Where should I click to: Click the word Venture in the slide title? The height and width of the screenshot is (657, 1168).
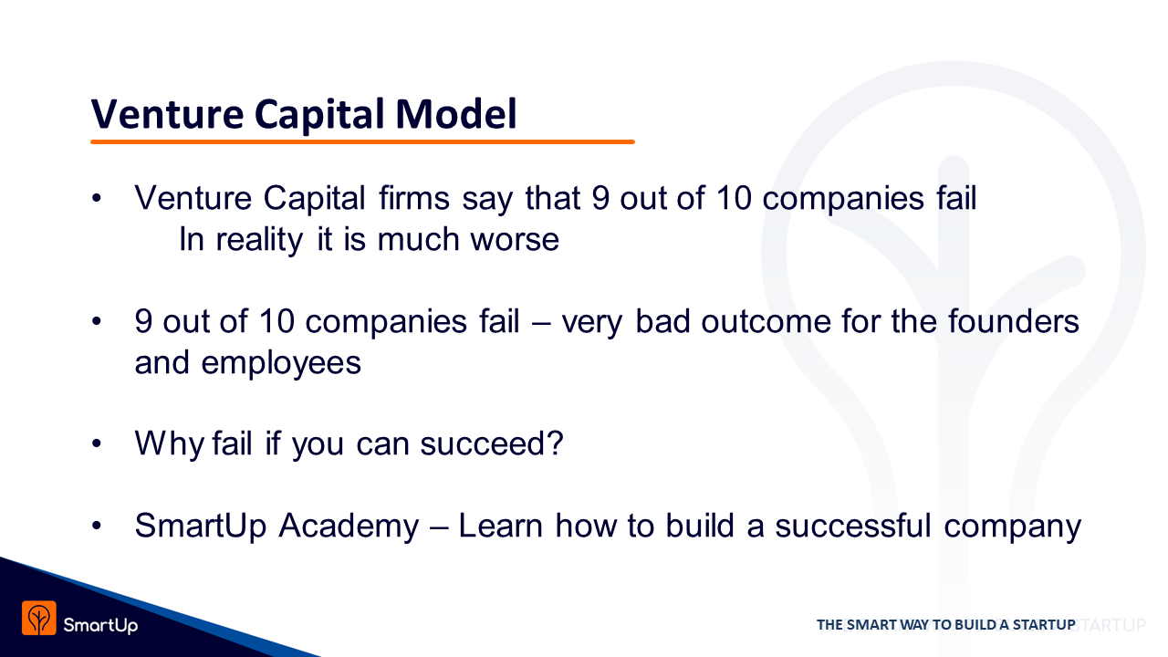[167, 114]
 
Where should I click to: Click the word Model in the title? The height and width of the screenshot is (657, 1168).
[456, 113]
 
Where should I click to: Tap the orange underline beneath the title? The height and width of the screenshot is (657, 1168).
[362, 141]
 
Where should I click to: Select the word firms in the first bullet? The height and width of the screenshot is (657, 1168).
[414, 198]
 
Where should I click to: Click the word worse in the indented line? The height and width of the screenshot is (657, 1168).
[515, 240]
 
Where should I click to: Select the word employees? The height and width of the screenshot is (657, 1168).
[281, 364]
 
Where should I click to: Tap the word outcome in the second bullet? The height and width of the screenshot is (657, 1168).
[766, 322]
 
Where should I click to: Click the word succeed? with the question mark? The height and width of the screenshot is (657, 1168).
[492, 443]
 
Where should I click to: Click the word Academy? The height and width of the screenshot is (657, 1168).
[349, 527]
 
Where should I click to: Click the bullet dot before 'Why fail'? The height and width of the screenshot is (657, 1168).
[97, 443]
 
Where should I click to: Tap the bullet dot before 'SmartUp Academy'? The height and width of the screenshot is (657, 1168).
[97, 526]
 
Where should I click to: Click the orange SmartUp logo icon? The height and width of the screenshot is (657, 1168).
[39, 618]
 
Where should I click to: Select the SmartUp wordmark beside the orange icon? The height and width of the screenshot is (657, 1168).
[100, 625]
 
